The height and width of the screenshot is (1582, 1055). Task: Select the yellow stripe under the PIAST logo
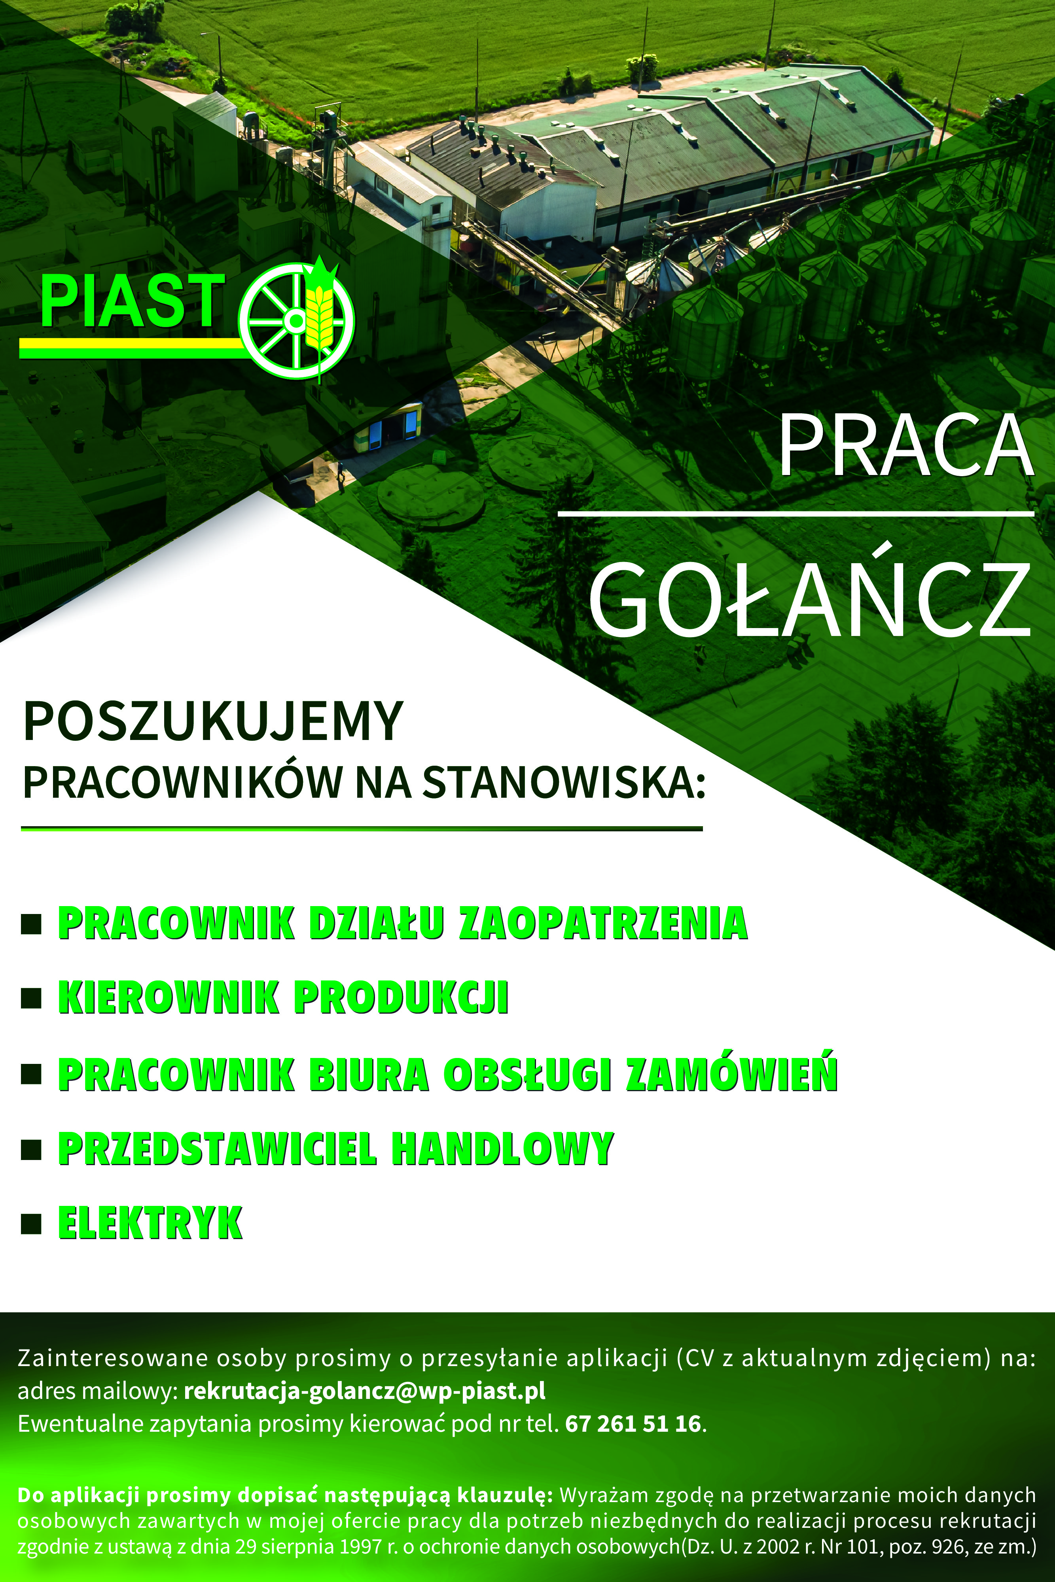(132, 348)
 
